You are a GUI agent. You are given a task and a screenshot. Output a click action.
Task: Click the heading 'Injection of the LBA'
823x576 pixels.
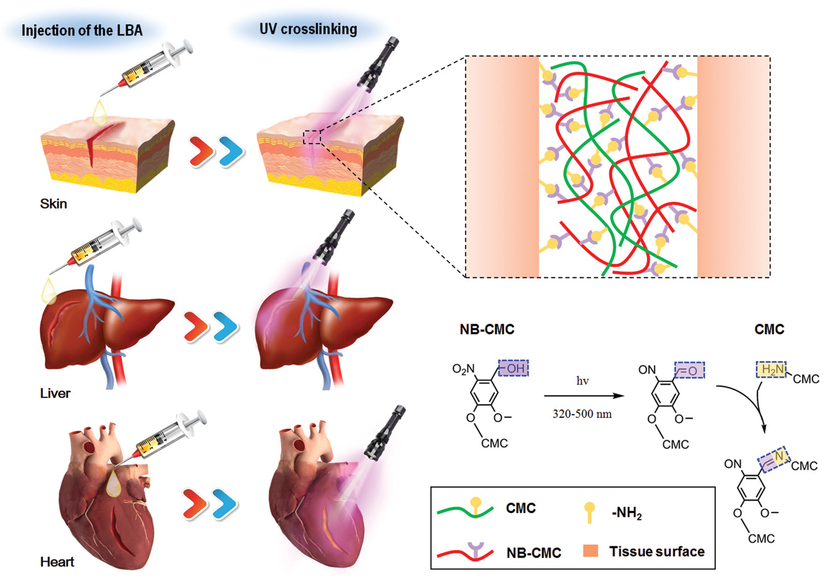81,30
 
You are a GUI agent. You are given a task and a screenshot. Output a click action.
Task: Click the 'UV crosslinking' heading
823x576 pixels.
308,28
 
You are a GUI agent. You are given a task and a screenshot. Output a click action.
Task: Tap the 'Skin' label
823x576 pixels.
54,203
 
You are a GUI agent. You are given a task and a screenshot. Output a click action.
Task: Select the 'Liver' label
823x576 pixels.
55,393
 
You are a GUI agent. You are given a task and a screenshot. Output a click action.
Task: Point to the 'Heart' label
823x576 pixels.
57,561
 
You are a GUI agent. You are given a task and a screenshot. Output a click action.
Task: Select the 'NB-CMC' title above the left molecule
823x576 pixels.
487,329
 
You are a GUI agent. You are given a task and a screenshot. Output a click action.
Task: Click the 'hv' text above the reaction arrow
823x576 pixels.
582,381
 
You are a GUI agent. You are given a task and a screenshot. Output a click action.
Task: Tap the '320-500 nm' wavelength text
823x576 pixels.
582,414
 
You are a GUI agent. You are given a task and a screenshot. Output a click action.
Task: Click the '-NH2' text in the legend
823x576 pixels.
625,512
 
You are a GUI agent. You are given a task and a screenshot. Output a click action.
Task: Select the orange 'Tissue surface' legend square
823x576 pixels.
590,551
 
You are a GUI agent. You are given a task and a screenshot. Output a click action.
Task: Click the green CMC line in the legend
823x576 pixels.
464,510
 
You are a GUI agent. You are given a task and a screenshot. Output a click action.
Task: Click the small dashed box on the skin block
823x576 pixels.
312,136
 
